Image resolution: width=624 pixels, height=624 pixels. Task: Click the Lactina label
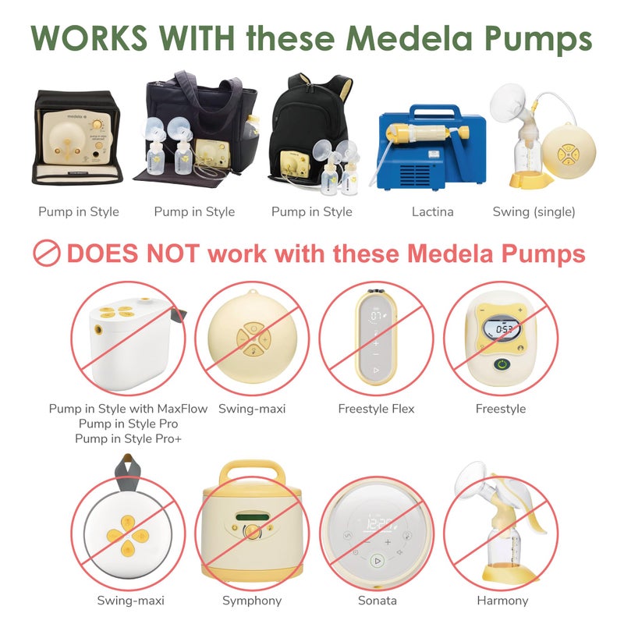[x=432, y=211]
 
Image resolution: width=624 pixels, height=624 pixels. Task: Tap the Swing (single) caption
[x=534, y=211]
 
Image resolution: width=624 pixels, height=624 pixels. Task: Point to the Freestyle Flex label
[x=376, y=409]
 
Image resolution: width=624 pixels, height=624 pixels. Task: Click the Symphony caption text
[x=252, y=601]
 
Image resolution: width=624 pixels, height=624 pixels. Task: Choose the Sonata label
[x=377, y=601]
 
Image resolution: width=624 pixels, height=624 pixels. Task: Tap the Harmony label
[x=502, y=601]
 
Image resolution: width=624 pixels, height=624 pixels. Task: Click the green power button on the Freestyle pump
[x=501, y=365]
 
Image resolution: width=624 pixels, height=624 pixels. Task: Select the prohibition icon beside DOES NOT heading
[x=46, y=253]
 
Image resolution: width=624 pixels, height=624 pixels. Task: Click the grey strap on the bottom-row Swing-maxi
[x=125, y=472]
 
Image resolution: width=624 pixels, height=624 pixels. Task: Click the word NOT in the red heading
[x=174, y=253]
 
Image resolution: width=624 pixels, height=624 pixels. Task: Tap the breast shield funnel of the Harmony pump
[x=477, y=484]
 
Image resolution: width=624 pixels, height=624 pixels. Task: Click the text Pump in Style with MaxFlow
[x=128, y=409]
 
